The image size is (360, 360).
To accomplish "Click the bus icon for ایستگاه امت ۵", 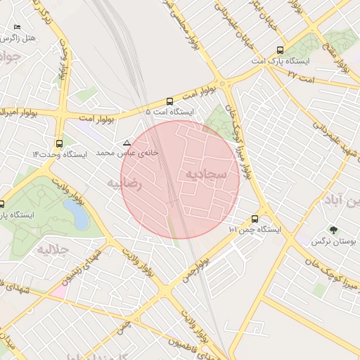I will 169,101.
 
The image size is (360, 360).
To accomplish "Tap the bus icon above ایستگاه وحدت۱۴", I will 59,143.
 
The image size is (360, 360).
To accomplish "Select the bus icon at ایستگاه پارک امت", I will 281,50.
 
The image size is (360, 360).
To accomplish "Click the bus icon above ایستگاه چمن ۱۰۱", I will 255,219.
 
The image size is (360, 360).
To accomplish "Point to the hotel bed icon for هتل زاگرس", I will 17,27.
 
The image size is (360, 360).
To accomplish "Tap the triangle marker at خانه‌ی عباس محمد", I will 127,143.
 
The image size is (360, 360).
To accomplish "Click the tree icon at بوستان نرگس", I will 333,229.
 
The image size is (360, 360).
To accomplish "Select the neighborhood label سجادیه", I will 206,172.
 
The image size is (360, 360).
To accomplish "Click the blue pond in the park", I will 76,214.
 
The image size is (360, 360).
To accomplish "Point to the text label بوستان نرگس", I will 335,241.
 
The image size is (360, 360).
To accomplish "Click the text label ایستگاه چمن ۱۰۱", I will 255,230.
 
